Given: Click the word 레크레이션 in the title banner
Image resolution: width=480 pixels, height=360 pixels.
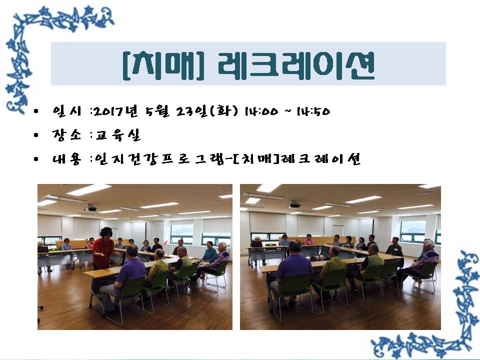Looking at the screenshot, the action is tap(296, 65).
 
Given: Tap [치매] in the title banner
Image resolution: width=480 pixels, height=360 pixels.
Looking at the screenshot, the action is tap(163, 65).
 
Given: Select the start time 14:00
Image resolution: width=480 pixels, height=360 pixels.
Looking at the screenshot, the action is tap(261, 111).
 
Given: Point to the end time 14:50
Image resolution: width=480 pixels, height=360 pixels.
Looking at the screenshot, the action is tap(313, 111).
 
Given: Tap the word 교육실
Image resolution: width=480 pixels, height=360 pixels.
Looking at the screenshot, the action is tap(117, 134).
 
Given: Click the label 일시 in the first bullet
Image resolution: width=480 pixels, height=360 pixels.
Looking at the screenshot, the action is tap(66, 111).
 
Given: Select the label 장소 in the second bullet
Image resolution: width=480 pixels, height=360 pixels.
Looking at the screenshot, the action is tap(66, 134).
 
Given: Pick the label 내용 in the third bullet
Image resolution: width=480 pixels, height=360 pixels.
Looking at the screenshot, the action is tap(66, 158).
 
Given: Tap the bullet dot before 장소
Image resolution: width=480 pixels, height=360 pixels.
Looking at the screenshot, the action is tap(36, 135).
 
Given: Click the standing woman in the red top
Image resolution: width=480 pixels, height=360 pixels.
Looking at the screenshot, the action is tap(103, 248).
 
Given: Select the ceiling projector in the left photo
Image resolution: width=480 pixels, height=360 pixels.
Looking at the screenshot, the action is tap(90, 208).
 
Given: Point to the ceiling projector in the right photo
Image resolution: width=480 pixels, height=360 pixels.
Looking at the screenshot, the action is tap(294, 204).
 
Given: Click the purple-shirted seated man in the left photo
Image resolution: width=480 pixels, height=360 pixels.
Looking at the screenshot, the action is tap(125, 276).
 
